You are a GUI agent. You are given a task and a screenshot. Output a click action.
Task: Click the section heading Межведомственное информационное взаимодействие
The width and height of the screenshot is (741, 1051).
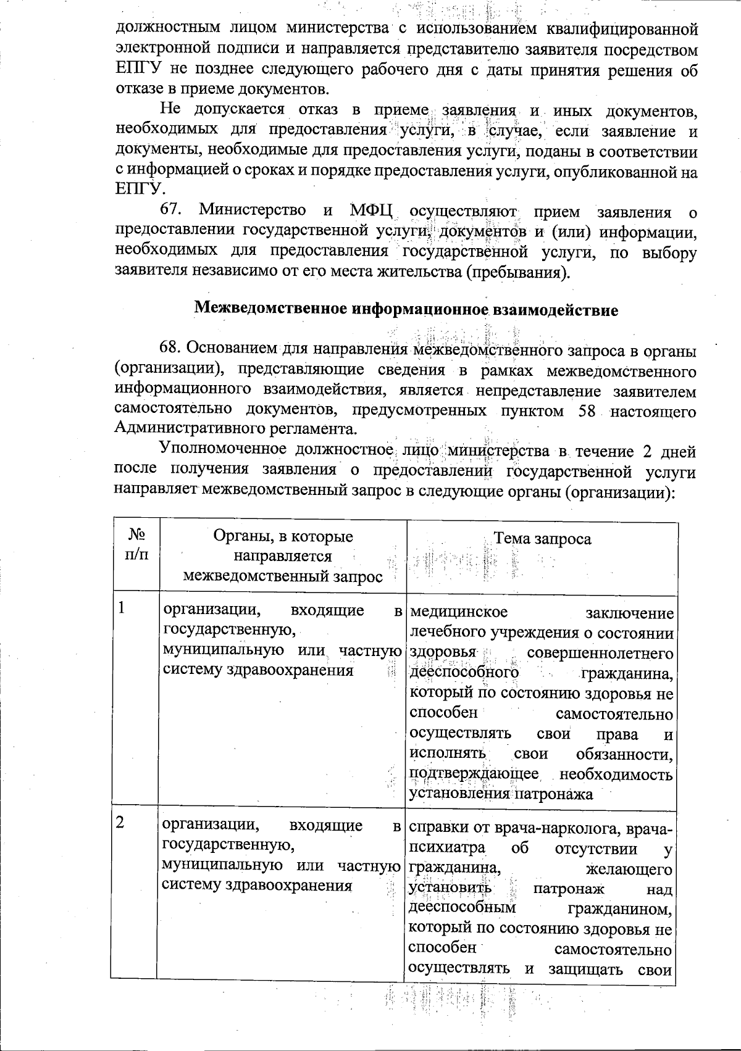(406, 310)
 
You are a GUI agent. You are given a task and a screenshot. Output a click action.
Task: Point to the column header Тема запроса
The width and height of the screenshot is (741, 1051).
(542, 539)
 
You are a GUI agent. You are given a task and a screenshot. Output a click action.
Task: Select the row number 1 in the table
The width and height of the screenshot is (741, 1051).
(122, 608)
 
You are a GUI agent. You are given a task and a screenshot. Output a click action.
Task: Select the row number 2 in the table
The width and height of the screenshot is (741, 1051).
(122, 823)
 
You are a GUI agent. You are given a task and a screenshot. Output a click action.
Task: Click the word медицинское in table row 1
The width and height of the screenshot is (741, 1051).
(458, 612)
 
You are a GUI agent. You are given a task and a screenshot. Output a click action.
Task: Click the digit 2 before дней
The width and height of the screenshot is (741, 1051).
(647, 451)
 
